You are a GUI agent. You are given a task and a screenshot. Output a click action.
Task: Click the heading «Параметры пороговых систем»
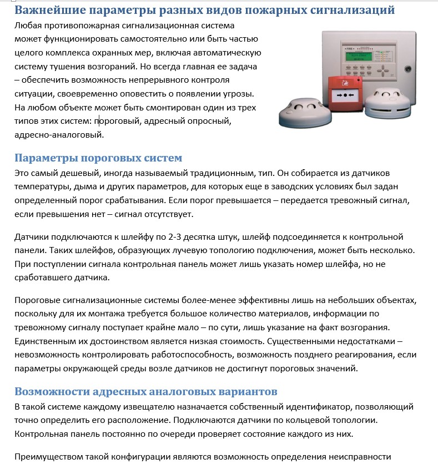98,158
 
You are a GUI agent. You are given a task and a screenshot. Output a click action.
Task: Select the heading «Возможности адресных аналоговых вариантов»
145,392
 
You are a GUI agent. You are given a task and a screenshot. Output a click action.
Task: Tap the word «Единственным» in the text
45,340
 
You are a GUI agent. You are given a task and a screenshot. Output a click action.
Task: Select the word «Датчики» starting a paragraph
32,237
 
